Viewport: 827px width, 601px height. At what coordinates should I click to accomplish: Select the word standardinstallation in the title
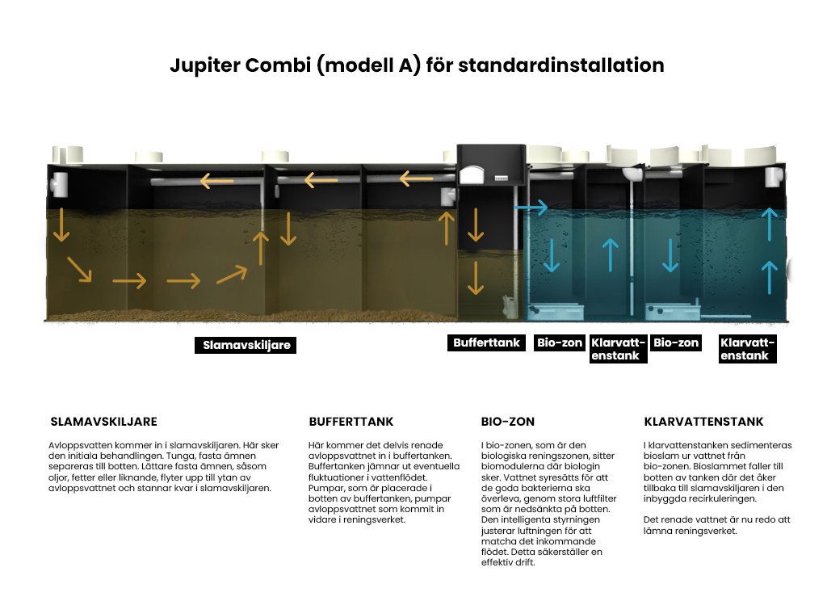560,65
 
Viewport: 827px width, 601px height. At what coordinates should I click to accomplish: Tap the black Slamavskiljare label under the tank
246,345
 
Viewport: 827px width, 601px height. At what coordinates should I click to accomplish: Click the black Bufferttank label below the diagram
486,343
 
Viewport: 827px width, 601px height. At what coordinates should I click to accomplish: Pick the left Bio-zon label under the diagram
559,343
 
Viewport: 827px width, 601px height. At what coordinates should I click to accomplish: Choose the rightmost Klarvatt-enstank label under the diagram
747,349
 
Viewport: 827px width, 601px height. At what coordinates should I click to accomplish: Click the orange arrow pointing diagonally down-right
80,269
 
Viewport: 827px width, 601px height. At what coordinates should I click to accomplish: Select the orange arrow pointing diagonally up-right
232,275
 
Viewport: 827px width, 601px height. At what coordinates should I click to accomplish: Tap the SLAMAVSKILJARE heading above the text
104,422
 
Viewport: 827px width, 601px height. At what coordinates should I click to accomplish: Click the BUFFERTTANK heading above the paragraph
351,422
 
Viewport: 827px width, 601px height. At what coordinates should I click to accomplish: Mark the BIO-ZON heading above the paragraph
508,422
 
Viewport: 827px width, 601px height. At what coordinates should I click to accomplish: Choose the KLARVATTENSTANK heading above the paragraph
703,422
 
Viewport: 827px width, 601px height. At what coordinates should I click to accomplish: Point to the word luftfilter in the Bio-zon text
597,498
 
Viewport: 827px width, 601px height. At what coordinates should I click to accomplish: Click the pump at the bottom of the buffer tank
510,307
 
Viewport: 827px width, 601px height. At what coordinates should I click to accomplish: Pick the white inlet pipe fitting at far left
58,184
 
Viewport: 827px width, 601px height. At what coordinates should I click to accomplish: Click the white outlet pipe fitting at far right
775,177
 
